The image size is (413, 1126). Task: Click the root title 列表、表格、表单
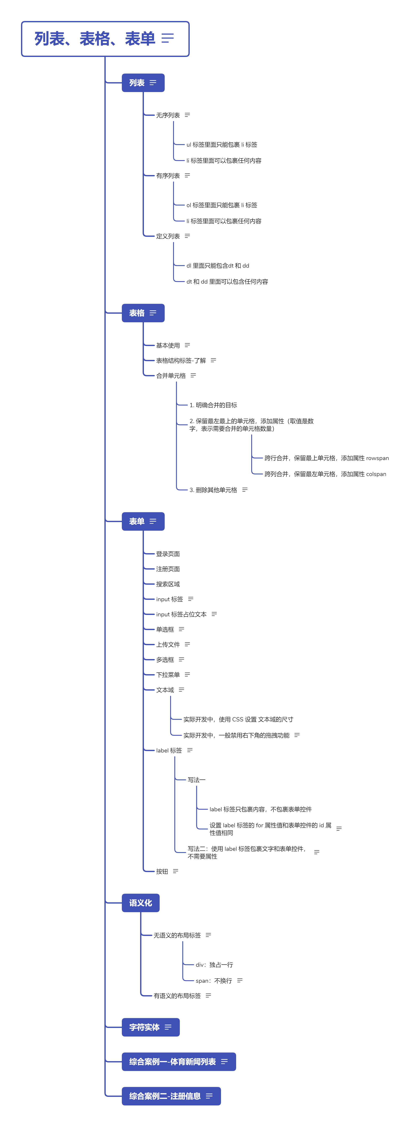(x=95, y=39)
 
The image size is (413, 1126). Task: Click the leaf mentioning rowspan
(x=326, y=458)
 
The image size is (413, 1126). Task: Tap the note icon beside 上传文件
(x=188, y=644)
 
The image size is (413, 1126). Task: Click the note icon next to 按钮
(x=176, y=871)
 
